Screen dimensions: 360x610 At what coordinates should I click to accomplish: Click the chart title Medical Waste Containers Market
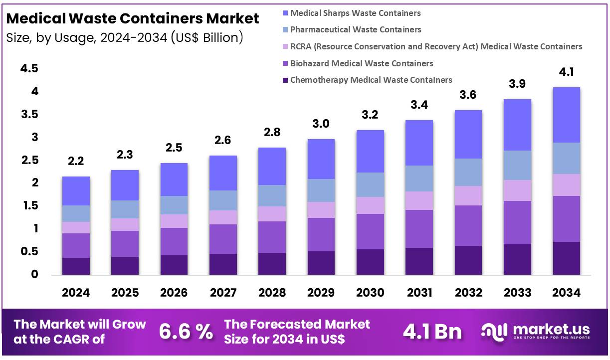point(133,19)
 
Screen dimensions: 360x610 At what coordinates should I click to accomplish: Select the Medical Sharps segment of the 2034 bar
point(566,115)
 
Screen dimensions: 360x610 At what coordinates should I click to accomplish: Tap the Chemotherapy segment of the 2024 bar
point(76,266)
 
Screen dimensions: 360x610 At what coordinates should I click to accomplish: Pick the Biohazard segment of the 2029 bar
point(321,234)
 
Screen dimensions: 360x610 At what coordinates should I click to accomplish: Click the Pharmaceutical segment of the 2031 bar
point(419,179)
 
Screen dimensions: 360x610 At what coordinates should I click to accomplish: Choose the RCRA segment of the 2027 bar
point(223,217)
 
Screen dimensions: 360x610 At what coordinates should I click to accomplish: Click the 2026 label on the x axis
point(174,293)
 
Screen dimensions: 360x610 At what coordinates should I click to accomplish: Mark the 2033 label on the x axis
point(517,293)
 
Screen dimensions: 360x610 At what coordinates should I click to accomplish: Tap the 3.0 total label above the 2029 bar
point(321,124)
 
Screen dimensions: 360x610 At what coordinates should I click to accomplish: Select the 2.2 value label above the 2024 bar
point(76,161)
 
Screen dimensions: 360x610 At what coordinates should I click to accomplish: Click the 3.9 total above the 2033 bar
point(517,84)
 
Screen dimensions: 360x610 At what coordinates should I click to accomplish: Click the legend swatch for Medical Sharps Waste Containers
point(285,13)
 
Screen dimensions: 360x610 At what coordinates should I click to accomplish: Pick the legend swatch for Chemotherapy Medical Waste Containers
point(285,80)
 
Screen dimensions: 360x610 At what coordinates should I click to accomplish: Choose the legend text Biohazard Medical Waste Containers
point(362,63)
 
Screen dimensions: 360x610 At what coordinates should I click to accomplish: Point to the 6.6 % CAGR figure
point(186,332)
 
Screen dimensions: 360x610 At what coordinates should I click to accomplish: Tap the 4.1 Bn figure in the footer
point(432,332)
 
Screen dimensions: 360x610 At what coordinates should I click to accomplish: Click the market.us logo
point(535,331)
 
